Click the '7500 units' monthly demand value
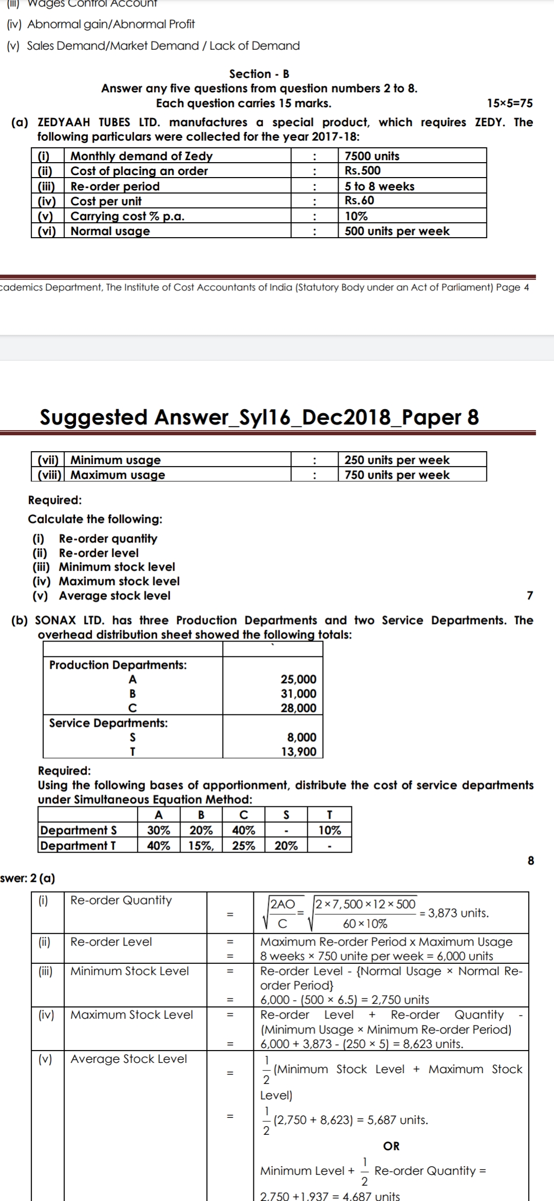(x=372, y=156)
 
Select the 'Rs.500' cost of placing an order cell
(x=363, y=171)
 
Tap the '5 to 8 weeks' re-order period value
(x=379, y=186)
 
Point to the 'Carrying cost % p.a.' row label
(x=127, y=216)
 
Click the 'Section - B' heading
(x=259, y=74)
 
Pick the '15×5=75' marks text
(x=509, y=103)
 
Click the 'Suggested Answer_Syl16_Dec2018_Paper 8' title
(x=260, y=417)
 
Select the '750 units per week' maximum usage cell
(x=397, y=475)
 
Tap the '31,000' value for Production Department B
(x=298, y=693)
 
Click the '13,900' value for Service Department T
(x=299, y=751)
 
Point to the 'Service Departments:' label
(x=108, y=723)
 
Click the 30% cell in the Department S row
(x=159, y=830)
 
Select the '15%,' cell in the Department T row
(x=201, y=845)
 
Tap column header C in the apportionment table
(x=244, y=815)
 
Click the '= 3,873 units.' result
(x=454, y=913)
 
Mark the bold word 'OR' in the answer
(x=391, y=1146)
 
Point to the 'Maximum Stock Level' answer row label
(x=131, y=1015)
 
